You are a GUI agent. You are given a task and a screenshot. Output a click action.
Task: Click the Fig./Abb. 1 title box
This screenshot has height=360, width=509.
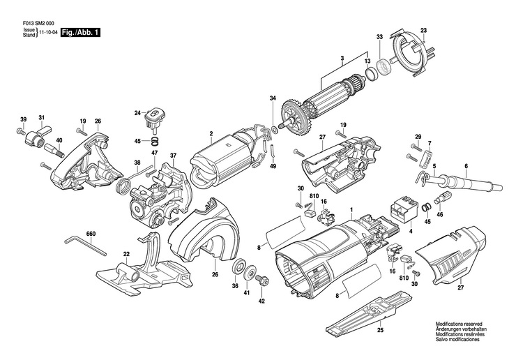(81, 33)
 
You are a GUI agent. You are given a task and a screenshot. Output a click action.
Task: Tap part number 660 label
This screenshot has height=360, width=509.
(91, 234)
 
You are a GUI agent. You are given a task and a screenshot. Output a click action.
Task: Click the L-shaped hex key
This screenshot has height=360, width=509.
(85, 246)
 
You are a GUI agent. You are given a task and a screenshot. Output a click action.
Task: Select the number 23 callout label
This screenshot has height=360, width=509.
(424, 31)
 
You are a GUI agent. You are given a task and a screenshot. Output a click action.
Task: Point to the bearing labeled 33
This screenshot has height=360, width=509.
(384, 67)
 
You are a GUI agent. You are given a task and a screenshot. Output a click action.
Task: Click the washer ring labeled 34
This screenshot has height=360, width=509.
(273, 130)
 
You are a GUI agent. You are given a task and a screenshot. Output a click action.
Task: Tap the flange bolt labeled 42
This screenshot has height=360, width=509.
(260, 280)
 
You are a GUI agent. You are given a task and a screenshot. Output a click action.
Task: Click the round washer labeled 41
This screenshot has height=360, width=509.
(250, 272)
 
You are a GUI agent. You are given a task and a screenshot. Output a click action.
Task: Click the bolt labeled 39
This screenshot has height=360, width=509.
(21, 132)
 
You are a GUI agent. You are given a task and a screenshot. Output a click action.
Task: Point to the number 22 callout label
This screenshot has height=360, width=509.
(126, 254)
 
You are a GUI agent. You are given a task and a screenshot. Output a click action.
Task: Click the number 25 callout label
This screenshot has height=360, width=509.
(380, 331)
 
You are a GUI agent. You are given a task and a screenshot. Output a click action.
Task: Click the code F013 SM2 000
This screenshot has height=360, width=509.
(38, 24)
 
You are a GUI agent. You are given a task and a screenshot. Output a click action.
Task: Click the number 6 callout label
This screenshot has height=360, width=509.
(466, 166)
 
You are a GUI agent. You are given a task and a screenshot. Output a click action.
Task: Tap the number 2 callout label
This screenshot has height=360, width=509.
(211, 133)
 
